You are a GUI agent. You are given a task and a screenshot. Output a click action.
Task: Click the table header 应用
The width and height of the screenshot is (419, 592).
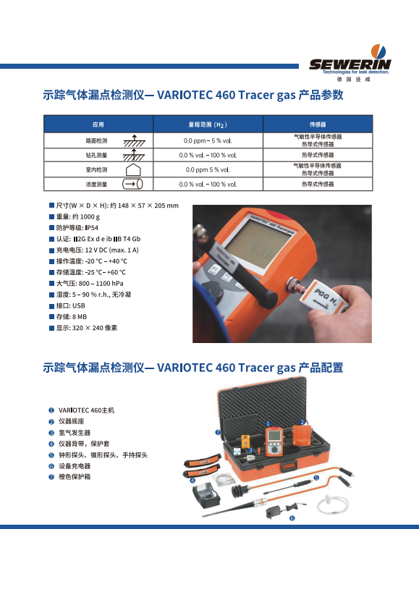[x=98, y=124]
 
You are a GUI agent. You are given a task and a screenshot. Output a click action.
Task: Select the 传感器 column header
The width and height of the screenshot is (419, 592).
[x=318, y=124]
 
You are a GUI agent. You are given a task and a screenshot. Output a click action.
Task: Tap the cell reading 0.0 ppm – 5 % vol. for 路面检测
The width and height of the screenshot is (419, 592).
[x=208, y=141]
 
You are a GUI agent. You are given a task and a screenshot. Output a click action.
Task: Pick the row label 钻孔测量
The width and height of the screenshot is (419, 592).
[x=97, y=155]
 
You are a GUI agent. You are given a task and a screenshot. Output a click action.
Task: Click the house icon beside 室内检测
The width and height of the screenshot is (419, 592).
[x=133, y=169]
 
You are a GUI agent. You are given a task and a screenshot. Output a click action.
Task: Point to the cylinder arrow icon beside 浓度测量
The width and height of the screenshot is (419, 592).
[x=132, y=184]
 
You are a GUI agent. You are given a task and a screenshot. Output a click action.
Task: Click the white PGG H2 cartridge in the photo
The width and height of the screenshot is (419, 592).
[x=324, y=297]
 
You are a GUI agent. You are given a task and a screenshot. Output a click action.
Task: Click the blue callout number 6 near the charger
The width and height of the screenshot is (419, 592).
[x=292, y=518]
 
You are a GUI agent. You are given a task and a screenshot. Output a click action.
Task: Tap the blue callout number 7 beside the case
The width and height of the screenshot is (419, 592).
[x=218, y=432]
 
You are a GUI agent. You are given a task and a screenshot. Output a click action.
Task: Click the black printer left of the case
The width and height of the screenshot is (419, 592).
[x=206, y=497]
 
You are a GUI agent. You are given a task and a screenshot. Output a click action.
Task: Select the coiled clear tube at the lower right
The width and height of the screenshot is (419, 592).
[x=332, y=504]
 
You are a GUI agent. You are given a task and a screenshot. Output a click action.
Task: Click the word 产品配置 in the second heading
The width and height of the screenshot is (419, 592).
[x=321, y=368]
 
